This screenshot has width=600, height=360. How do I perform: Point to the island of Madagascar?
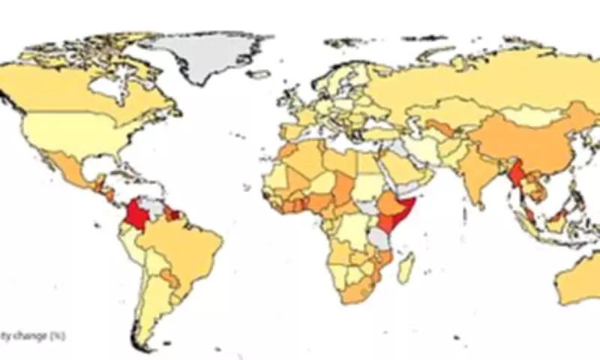pos(406,268)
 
